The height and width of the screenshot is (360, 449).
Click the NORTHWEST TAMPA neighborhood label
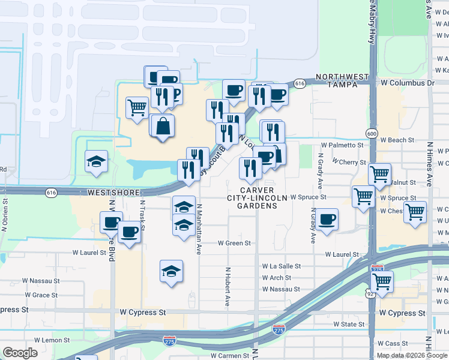pos(342,80)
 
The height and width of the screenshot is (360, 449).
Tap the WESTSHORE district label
pos(113,193)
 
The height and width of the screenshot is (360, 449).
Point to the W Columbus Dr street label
pos(406,83)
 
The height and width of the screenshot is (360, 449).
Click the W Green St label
pos(234,243)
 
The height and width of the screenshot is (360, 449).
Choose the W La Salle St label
pos(281,266)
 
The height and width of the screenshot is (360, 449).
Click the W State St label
pos(349,325)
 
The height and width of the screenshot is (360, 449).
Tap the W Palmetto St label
pos(342,145)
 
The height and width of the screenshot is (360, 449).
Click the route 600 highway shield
pos(372,133)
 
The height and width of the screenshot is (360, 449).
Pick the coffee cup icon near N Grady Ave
pos(327,219)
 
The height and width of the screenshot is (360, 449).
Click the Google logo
pos(21,353)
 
